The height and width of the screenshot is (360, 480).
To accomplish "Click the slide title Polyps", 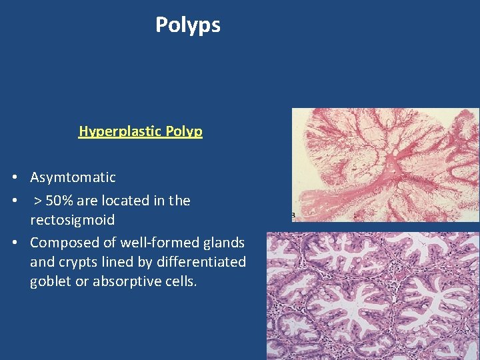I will click(187, 25).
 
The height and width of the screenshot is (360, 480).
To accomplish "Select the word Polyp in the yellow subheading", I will click(185, 131).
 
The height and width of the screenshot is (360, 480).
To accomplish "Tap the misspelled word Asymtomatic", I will click(73, 177).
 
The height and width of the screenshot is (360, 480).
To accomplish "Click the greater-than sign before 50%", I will click(38, 201).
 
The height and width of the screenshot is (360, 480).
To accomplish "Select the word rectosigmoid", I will click(72, 220).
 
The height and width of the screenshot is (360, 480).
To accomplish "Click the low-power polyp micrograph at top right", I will click(385, 164).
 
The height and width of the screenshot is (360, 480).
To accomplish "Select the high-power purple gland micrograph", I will click(373, 295).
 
